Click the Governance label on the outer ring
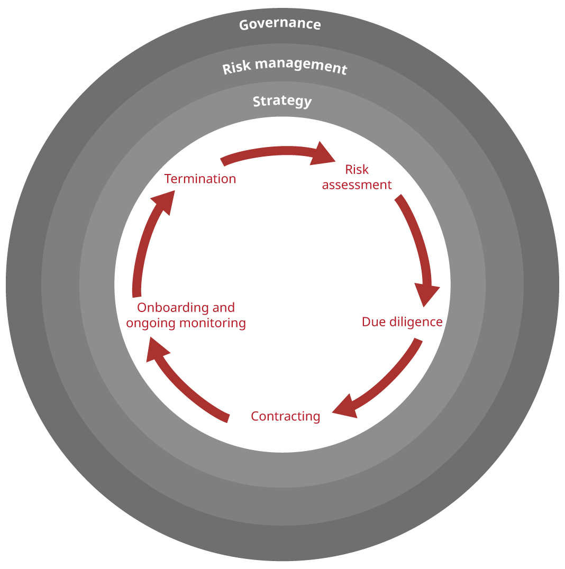[x=280, y=24]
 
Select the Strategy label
[x=282, y=101]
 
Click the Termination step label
[x=200, y=179]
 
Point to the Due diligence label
[x=402, y=322]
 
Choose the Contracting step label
[x=286, y=416]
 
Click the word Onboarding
[x=169, y=307]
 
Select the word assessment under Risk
[x=357, y=185]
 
